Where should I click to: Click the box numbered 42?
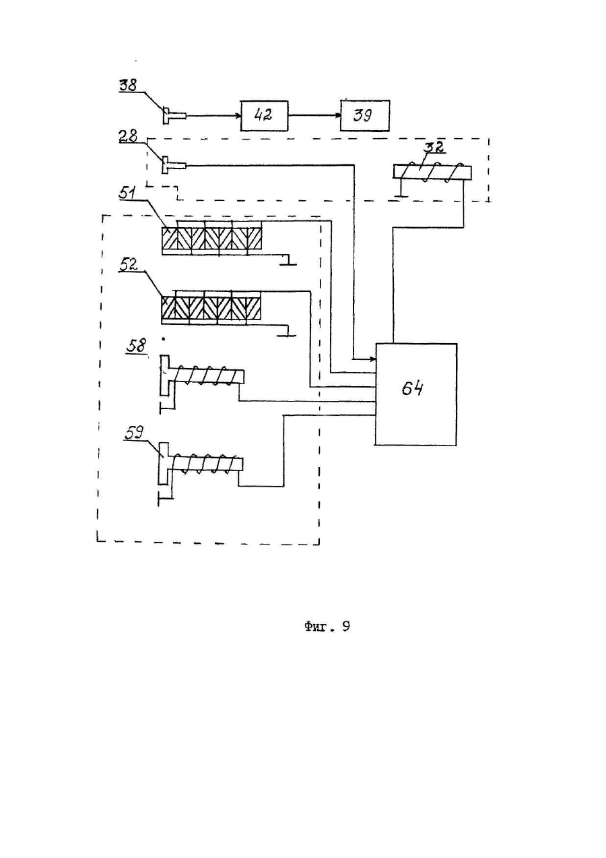pos(265,116)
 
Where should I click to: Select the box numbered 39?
pos(365,116)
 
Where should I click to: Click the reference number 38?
pos(128,85)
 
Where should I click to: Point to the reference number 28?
pos(128,136)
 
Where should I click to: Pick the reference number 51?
pos(127,194)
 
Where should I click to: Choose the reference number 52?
pos(127,265)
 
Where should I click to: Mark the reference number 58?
pos(136,346)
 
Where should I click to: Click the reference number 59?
pos(134,433)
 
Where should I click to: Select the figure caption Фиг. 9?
pos(327,626)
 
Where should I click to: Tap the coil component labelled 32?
pos(432,172)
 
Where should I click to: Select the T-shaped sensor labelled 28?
pos(174,166)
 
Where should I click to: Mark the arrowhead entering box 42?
pos(237,115)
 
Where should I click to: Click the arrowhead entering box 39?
pos(337,115)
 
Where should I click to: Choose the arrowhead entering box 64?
pos(372,359)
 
